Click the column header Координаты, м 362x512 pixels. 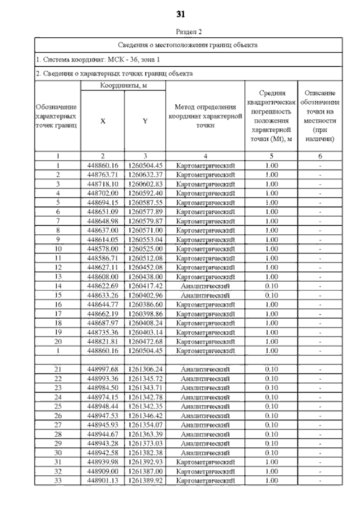(x=123, y=85)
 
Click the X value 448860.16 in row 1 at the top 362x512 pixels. (x=102, y=165)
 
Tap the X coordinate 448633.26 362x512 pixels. (x=102, y=295)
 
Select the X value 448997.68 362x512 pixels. (x=102, y=369)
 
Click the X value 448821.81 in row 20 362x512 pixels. (x=102, y=342)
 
